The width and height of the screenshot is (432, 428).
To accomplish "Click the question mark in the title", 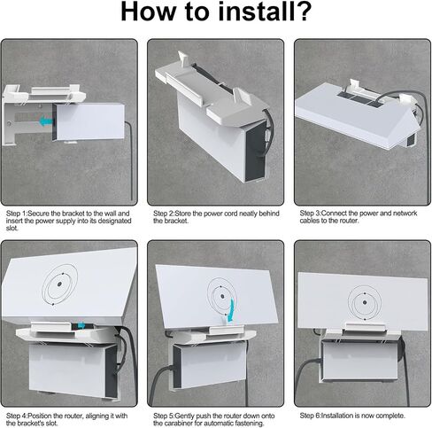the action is (302, 12).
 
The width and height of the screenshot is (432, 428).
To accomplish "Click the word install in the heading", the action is (254, 12).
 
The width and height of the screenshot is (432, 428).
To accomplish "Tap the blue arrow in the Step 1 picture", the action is (46, 121).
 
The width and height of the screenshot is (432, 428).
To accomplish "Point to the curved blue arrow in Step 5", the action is (231, 309).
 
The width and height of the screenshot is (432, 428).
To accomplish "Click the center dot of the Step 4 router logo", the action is (59, 284).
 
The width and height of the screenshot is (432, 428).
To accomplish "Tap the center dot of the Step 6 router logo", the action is (365, 302).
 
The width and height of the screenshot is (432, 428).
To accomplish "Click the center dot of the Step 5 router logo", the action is (222, 296).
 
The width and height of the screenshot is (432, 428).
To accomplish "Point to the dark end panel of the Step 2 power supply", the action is (255, 152).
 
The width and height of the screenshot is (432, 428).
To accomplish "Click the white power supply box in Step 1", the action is (89, 121).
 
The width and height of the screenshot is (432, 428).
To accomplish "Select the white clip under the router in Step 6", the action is (364, 329).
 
